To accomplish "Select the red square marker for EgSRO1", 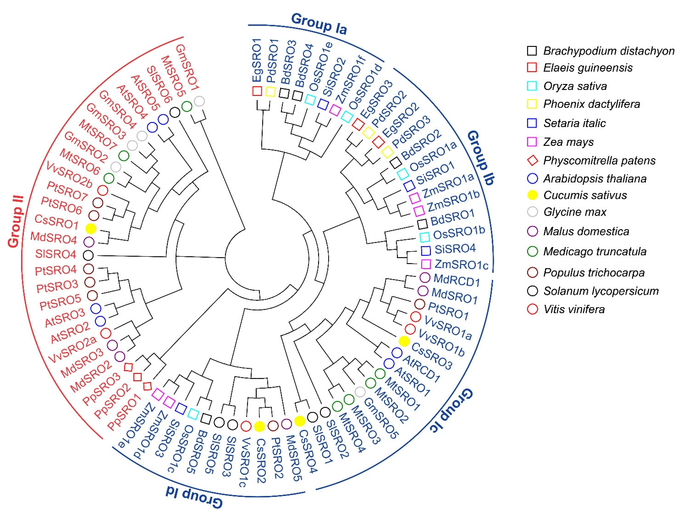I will (x=257, y=91).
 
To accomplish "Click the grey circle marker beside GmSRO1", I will (x=199, y=101).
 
